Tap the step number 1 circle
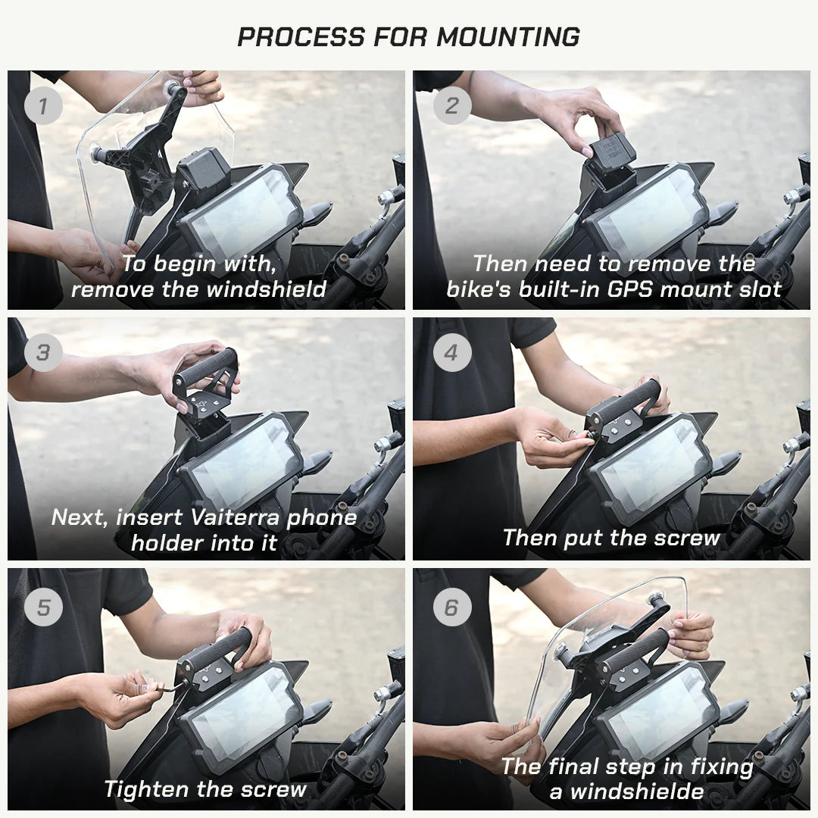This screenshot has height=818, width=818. (x=42, y=106)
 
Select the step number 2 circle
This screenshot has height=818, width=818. (x=451, y=106)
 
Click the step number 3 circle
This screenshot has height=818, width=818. (x=42, y=353)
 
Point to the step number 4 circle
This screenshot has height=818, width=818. (x=451, y=353)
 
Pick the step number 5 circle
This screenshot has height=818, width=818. (x=42, y=607)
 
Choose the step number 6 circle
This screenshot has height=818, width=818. (x=451, y=607)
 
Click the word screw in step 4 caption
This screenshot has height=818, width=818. (x=688, y=538)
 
